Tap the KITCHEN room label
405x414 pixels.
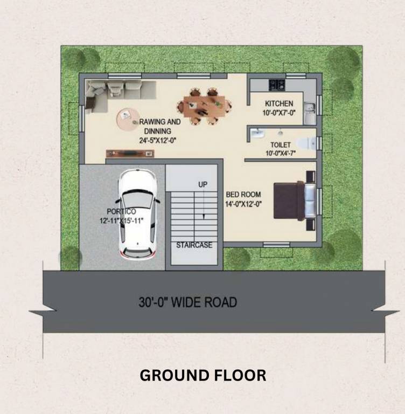[279, 103]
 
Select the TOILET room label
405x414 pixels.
[281, 145]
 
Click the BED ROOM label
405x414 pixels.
[243, 195]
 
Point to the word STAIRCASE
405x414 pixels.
[194, 245]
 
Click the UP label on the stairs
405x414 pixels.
[202, 185]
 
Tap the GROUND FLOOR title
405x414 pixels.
[202, 375]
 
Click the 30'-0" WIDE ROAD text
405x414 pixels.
[187, 302]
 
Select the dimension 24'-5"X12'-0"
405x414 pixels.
[157, 140]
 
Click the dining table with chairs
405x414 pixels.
[204, 105]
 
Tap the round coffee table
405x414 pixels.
[128, 119]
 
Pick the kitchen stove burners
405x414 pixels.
[276, 84]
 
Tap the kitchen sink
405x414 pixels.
[310, 113]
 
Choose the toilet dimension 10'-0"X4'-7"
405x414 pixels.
[281, 153]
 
